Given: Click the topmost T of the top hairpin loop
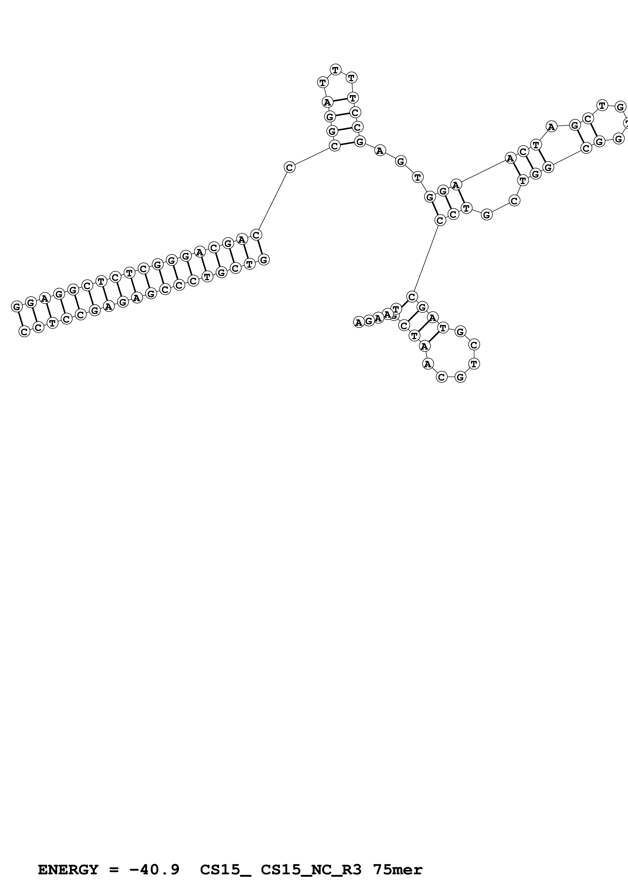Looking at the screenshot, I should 335,70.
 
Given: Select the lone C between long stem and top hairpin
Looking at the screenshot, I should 290,168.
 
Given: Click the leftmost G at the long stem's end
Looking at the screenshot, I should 17,307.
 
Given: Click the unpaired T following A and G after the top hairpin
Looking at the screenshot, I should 417,177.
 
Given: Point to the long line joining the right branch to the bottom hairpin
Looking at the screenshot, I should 426,258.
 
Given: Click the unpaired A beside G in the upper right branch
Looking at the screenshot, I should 551,127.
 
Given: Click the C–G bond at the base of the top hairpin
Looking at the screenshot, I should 347,144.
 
